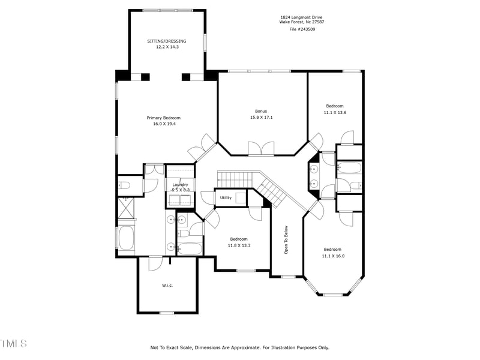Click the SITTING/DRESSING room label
[x=167, y=41]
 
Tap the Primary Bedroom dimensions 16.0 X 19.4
[x=163, y=124]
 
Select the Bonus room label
[x=261, y=111]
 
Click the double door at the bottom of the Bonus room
[x=261, y=148]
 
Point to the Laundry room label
[x=181, y=185]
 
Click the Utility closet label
[x=226, y=197]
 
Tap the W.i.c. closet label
[x=167, y=285]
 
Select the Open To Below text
[x=286, y=239]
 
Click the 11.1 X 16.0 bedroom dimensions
[x=333, y=256]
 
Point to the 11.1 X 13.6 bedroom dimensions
[x=335, y=112]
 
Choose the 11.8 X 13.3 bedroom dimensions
[x=239, y=245]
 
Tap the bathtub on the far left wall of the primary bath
[x=127, y=238]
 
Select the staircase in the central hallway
[x=252, y=183]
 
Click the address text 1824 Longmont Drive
[x=301, y=17]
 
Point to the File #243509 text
[x=301, y=29]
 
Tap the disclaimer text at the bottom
[x=239, y=347]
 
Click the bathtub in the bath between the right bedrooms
[x=349, y=168]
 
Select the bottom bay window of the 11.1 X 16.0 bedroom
[x=333, y=295]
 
